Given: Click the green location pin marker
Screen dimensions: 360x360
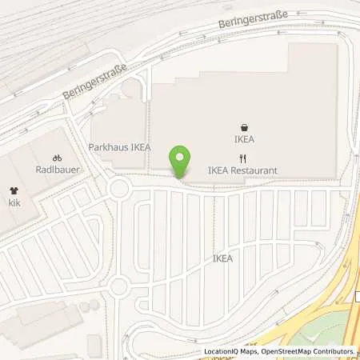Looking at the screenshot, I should click(180, 160).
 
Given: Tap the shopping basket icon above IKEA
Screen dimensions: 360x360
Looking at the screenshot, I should click(244, 126).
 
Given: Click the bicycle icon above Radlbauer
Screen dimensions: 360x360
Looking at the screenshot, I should click(57, 158).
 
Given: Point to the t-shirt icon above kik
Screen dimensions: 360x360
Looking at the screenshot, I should click(14, 190).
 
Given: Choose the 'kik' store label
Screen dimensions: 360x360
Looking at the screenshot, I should click(14, 203).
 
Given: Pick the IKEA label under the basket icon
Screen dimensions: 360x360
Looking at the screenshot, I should click(244, 138).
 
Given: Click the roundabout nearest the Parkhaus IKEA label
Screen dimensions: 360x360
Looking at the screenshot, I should click(121, 189).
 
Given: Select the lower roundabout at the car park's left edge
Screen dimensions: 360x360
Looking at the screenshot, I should click(119, 286).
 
